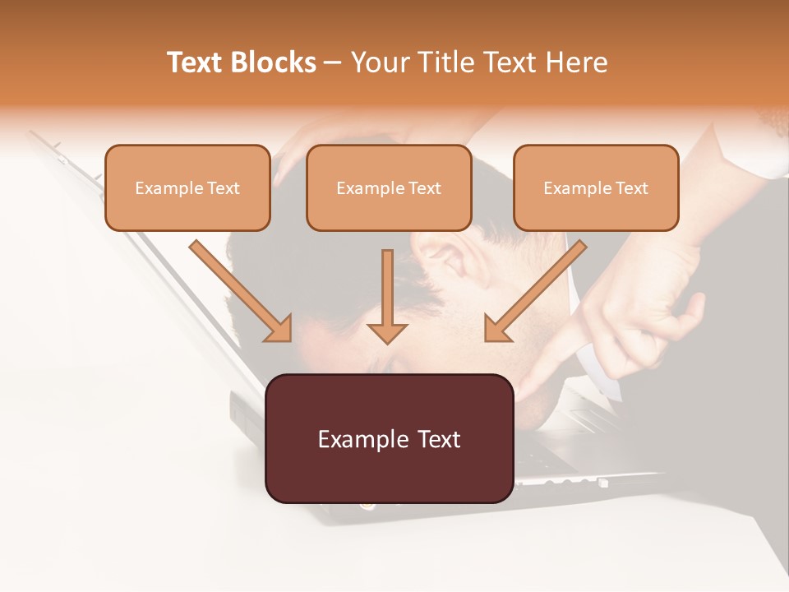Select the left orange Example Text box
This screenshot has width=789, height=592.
[187, 187]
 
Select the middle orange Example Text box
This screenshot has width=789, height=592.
[389, 187]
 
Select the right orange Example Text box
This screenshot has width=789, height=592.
[596, 187]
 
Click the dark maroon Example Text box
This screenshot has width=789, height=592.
[390, 438]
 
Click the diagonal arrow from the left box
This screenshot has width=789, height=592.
[238, 288]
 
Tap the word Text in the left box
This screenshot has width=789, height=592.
[224, 188]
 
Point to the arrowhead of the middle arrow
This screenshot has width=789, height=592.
[387, 332]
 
